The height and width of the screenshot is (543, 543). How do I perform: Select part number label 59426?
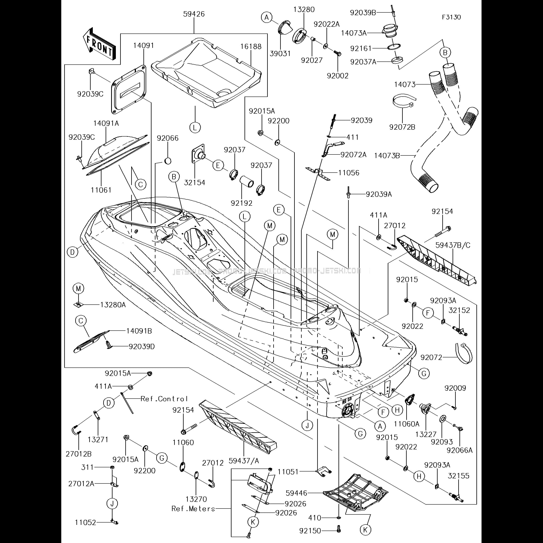pos(194,14)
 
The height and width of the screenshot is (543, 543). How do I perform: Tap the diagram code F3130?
pos(451,17)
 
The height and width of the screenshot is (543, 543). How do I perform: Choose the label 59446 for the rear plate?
pos(297,493)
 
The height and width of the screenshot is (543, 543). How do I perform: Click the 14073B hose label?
pos(387,155)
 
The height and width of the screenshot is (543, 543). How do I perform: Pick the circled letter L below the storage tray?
pos(195,128)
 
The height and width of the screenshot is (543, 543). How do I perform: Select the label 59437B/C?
pos(453,245)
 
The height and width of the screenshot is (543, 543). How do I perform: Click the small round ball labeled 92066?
pos(167,161)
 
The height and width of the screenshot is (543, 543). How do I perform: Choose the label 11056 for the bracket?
pos(349,173)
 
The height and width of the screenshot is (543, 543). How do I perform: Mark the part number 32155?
pos(459,476)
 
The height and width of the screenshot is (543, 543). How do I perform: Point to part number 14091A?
pos(106,123)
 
